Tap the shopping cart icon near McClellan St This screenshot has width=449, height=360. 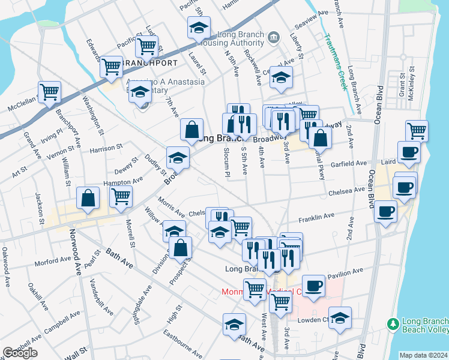49,92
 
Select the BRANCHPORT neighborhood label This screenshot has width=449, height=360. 142,62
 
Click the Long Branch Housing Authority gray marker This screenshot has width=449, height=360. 274,37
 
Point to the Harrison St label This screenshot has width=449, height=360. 106,146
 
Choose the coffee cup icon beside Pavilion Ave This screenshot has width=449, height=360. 313,286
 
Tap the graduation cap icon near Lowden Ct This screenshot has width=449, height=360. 340,318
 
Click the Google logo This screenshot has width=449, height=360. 19,353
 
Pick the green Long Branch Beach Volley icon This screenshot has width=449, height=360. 393,323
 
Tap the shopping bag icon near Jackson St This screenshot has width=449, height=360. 88,199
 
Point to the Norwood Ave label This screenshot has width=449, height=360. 77,252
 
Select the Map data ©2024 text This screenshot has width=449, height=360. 424,355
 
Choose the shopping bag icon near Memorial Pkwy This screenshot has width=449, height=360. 321,137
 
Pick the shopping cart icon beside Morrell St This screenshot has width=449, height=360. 121,196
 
